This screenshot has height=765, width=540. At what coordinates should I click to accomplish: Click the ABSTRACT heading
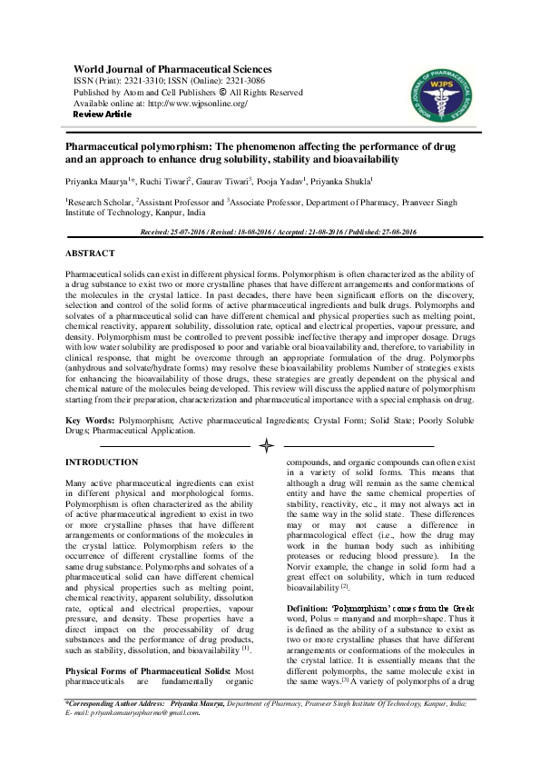pyautogui.click(x=90, y=253)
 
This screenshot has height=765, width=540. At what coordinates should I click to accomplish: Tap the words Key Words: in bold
pyautogui.click(x=89, y=422)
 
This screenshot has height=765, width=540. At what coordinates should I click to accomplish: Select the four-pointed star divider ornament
pyautogui.click(x=267, y=446)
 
